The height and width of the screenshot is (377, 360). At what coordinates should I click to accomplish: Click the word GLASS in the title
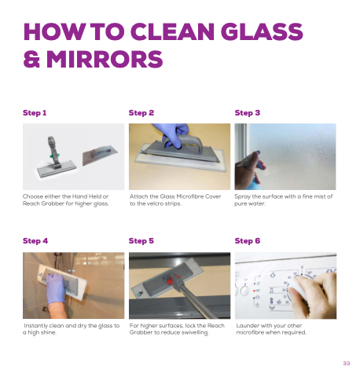[262, 31]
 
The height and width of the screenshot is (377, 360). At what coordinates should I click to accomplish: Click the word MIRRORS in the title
[105, 59]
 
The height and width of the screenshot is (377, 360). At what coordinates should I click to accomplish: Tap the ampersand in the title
[31, 59]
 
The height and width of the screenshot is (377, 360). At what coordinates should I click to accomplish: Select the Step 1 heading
[35, 113]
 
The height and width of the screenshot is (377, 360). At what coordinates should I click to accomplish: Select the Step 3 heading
[248, 113]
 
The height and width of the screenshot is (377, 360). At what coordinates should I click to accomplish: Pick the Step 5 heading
[141, 241]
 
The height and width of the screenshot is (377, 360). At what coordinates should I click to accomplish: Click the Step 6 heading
[248, 241]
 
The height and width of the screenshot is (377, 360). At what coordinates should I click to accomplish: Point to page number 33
[347, 363]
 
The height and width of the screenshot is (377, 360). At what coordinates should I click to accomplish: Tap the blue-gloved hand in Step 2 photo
[173, 135]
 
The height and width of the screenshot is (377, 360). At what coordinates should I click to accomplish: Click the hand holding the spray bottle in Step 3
[249, 170]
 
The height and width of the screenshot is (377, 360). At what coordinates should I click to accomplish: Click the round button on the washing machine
[244, 291]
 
